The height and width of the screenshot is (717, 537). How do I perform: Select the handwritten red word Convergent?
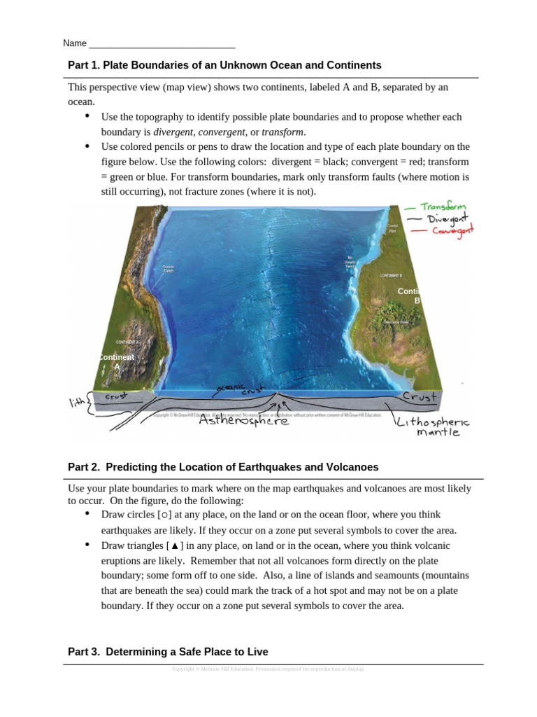452,231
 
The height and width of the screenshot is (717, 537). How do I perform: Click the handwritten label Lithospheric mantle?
434,427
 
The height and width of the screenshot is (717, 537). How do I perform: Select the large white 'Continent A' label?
117,361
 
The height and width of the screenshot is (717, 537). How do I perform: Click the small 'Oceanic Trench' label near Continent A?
169,269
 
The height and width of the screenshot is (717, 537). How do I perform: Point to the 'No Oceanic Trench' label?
350,263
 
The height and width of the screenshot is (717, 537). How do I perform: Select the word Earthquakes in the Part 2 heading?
274,467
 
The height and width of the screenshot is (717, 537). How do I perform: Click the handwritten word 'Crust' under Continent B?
419,397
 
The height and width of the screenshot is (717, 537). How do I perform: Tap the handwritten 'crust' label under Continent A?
115,396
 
